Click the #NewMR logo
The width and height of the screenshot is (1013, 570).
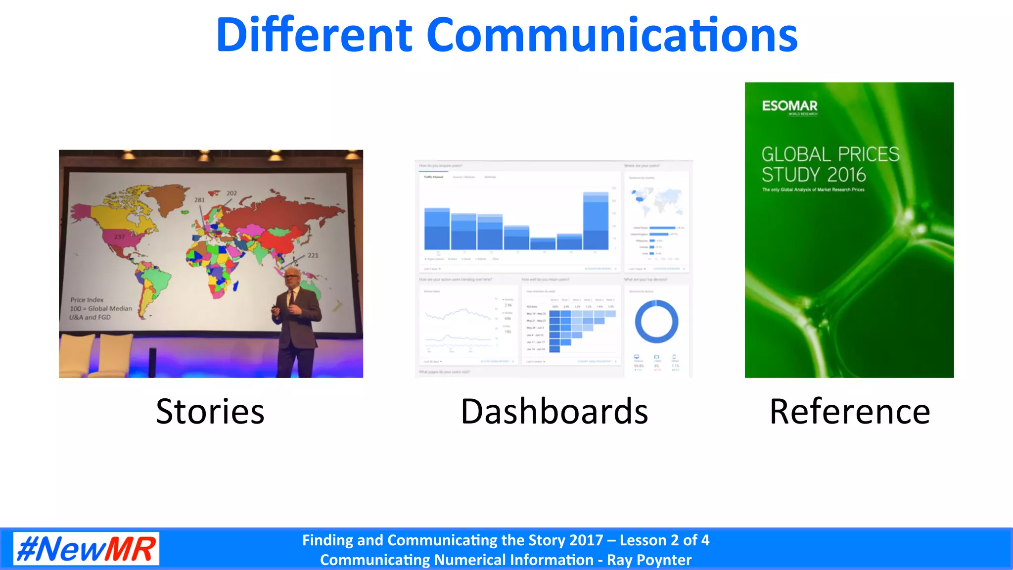pyautogui.click(x=86, y=548)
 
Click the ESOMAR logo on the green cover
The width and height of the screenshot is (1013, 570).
pyautogui.click(x=789, y=106)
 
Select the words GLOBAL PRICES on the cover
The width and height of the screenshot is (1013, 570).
pyautogui.click(x=830, y=154)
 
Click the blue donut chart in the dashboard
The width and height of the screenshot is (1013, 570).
pyautogui.click(x=656, y=322)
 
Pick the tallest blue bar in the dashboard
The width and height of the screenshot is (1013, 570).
pyautogui.click(x=596, y=221)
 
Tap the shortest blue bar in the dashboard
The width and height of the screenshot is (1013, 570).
pyautogui.click(x=543, y=243)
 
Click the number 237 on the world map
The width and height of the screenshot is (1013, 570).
pyautogui.click(x=120, y=237)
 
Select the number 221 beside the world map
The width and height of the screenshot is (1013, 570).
pyautogui.click(x=313, y=255)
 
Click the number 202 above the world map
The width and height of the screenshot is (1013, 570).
pyautogui.click(x=231, y=193)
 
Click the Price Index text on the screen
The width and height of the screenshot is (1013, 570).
pyautogui.click(x=87, y=300)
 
